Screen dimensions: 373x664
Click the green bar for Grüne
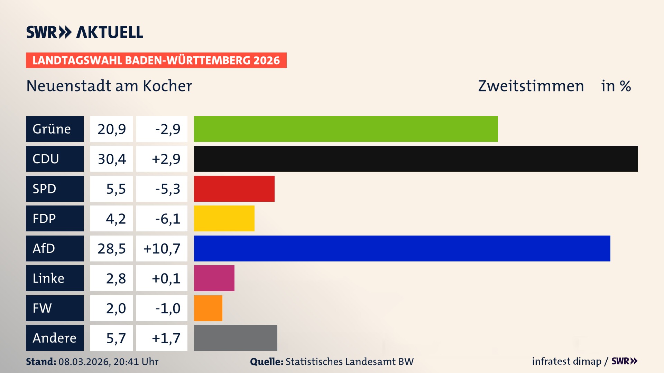click(x=346, y=129)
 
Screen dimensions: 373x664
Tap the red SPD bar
click(x=234, y=189)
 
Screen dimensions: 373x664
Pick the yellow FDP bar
click(x=224, y=218)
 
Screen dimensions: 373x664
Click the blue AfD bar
click(x=402, y=248)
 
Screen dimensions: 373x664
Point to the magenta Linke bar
click(x=214, y=278)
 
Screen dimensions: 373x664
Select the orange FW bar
click(x=208, y=308)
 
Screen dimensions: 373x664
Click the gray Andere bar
click(x=236, y=338)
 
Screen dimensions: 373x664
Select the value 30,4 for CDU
click(x=111, y=159)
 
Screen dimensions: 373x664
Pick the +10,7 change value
click(x=162, y=249)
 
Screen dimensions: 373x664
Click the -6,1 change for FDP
click(x=167, y=219)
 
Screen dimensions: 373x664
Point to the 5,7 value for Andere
click(x=116, y=338)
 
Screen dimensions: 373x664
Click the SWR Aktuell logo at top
click(x=84, y=32)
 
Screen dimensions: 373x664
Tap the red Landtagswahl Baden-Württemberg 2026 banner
click(x=156, y=60)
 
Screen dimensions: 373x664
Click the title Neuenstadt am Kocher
click(x=109, y=86)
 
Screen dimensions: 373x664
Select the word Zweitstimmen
click(x=531, y=86)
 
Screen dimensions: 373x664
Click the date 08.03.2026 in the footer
click(x=84, y=362)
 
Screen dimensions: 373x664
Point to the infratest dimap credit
click(x=566, y=361)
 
